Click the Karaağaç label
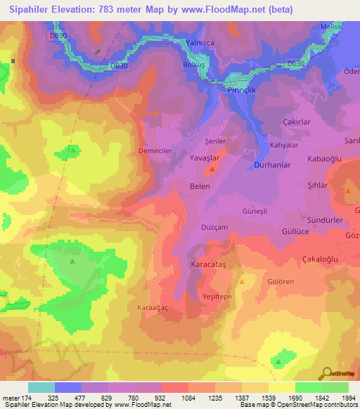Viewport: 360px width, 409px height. [153, 308]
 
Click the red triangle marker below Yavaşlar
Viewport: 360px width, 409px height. [212, 170]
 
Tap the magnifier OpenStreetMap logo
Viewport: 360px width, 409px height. [327, 373]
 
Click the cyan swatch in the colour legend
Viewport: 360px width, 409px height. [41, 387]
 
